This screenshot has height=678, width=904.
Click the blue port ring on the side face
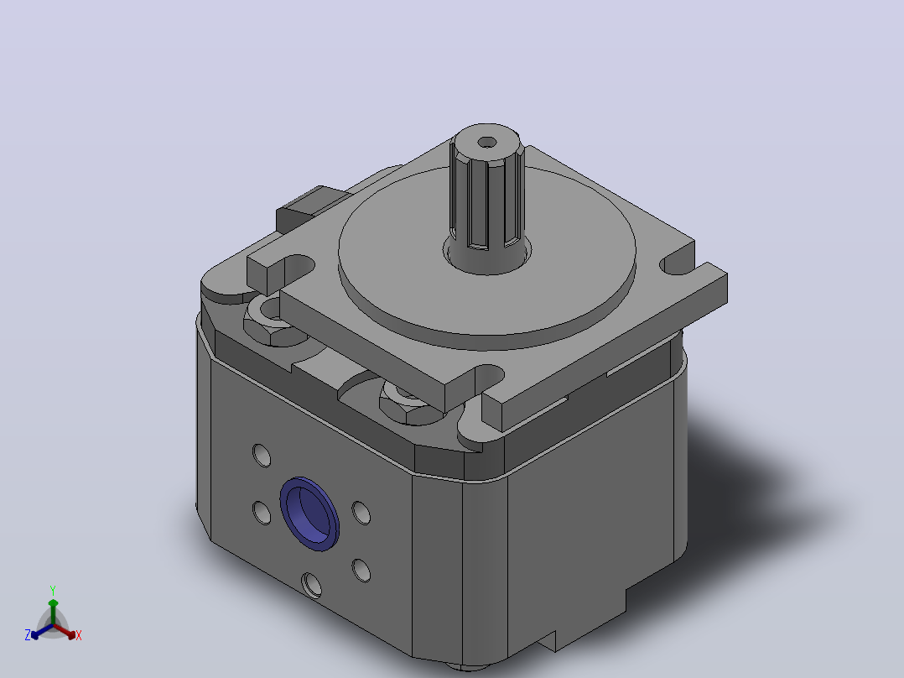(309, 514)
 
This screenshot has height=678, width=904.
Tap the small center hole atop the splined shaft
(487, 142)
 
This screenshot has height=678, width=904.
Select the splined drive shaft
(487, 197)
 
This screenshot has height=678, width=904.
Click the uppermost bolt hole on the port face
(262, 455)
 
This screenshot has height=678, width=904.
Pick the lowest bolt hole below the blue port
(311, 585)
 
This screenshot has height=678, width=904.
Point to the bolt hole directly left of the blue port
(262, 513)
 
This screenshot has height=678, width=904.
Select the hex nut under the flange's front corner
(407, 402)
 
